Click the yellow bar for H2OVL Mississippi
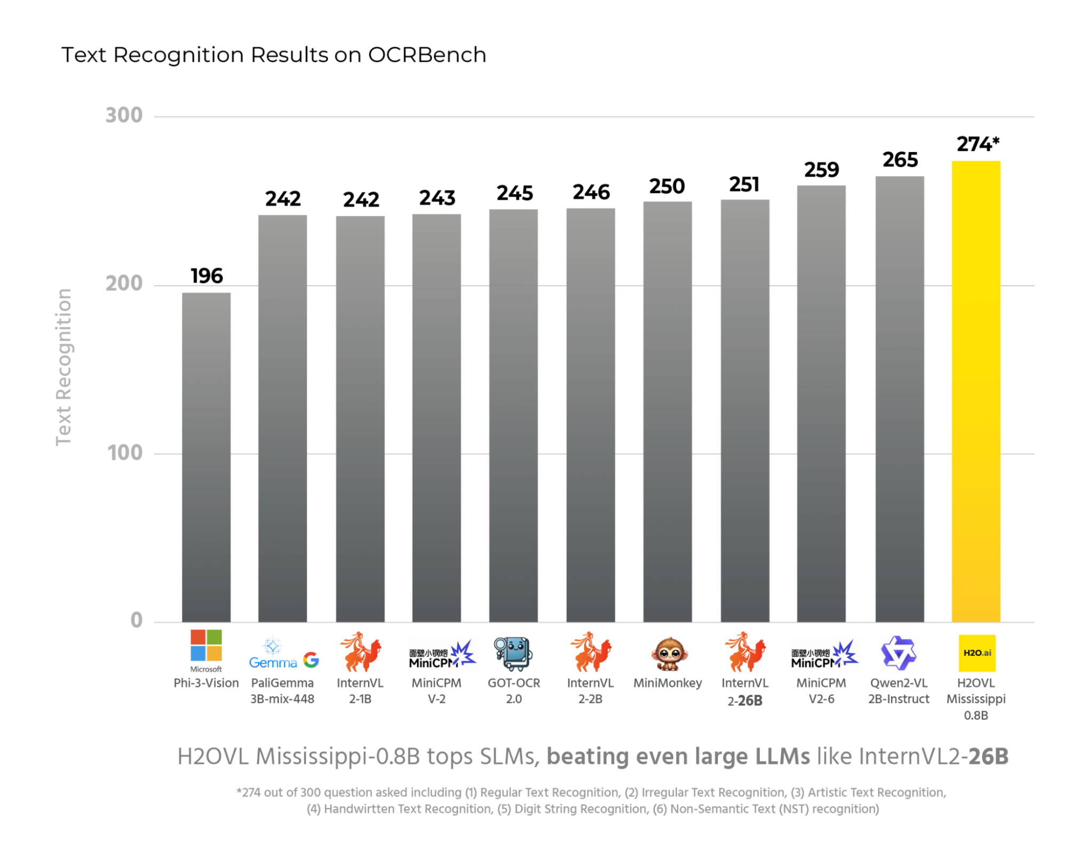coord(975,392)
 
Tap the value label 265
coord(900,160)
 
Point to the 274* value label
coord(977,144)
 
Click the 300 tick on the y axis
coord(124,116)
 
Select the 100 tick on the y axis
coord(125,453)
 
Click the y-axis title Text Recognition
coord(63,367)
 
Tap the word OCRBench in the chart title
coord(427,55)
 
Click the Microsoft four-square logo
coord(206,645)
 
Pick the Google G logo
coord(311,660)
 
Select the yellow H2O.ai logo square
coord(976,653)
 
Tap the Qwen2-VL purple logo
coord(898,653)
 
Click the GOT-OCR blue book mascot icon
coord(513,653)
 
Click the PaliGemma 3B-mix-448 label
coord(282,691)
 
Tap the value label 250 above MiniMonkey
coord(667,187)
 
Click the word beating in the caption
coord(587,757)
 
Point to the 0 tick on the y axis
coord(137,620)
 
